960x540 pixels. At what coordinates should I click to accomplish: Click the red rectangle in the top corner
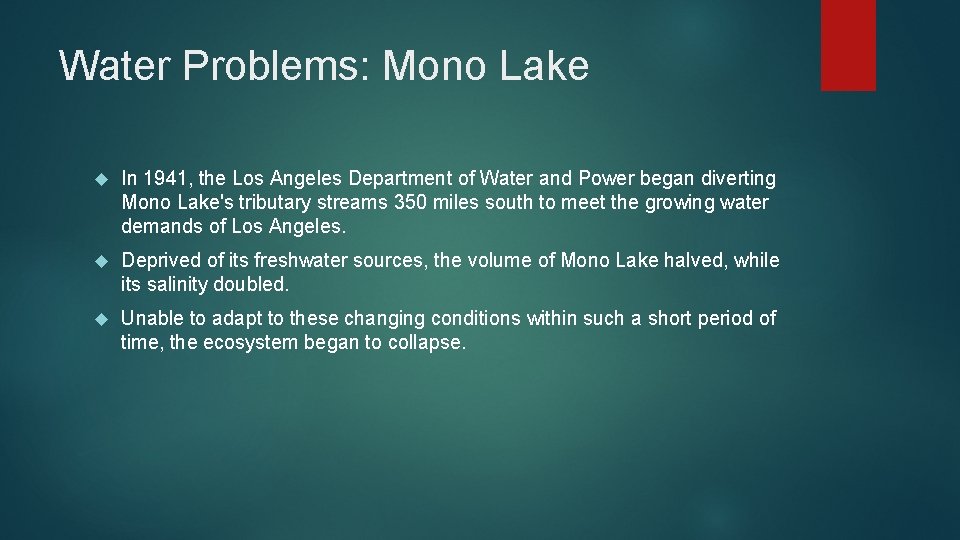point(848,45)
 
